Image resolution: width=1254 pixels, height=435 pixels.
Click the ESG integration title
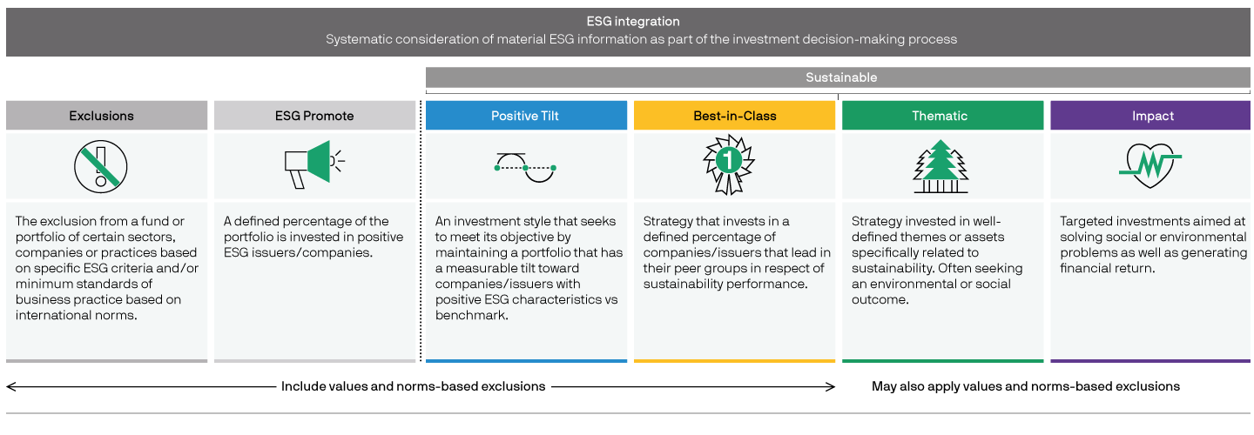(x=632, y=21)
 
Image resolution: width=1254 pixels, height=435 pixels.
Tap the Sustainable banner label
(x=841, y=77)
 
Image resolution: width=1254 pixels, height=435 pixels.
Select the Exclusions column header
(x=101, y=116)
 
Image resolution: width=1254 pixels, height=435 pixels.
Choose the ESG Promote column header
(x=314, y=116)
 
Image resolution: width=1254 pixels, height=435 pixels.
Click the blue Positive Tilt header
(x=525, y=116)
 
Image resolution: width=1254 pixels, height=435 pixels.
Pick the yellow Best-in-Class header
(x=734, y=116)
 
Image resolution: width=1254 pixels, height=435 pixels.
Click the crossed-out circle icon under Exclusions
(x=101, y=167)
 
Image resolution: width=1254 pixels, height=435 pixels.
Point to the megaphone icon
(x=314, y=164)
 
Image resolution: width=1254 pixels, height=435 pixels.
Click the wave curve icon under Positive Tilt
(x=525, y=168)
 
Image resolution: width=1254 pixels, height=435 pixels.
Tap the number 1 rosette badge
(x=728, y=164)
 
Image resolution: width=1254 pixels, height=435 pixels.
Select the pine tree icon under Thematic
(x=940, y=166)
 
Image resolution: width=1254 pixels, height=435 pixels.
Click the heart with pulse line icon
(x=1149, y=165)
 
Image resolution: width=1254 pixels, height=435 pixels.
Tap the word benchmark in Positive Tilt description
(x=471, y=315)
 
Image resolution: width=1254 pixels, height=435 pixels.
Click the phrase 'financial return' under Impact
(x=1107, y=268)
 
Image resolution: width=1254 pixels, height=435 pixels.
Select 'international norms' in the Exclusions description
(x=76, y=315)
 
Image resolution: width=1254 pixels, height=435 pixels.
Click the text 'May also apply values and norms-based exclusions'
(x=1026, y=386)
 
